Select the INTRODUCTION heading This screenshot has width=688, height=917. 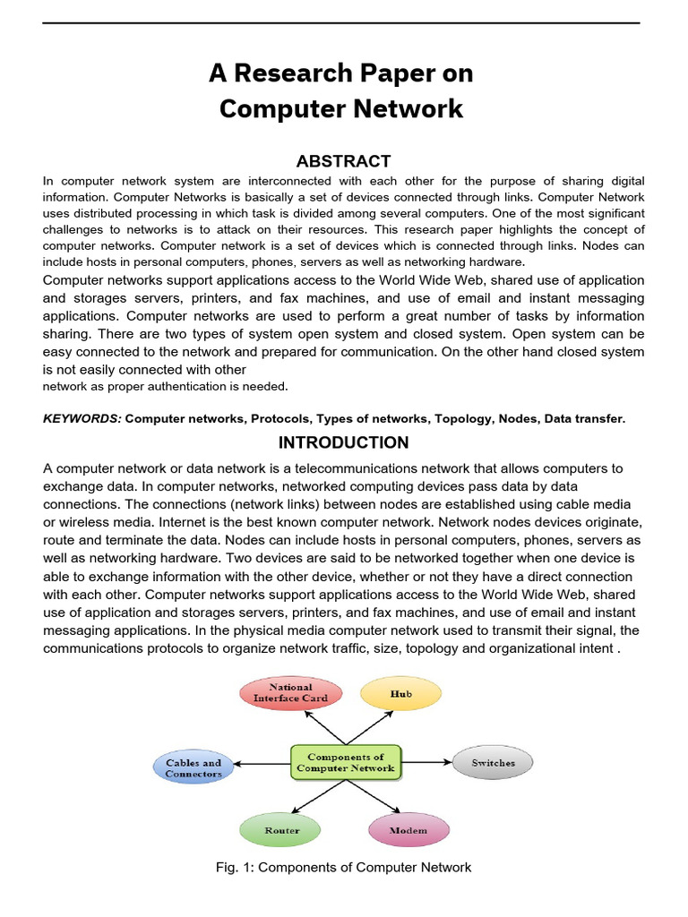click(344, 442)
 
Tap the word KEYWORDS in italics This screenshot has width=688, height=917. click(82, 418)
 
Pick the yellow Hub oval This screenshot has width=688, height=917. click(400, 693)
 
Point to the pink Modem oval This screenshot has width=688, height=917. click(408, 830)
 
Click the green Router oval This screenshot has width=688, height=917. click(281, 830)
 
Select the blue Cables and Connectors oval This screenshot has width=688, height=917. click(193, 768)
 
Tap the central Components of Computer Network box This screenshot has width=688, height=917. click(345, 762)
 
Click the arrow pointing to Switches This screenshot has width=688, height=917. click(426, 762)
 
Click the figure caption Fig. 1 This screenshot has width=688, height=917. click(344, 867)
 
